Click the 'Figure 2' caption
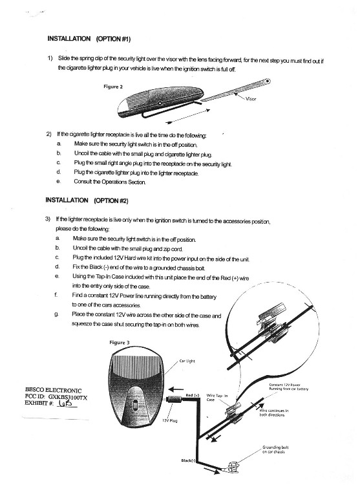pyautogui.click(x=113, y=87)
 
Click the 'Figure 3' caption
pyautogui.click(x=120, y=342)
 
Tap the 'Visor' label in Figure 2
pyautogui.click(x=251, y=99)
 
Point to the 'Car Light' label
pyautogui.click(x=187, y=361)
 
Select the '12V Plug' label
pyautogui.click(x=169, y=421)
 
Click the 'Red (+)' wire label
pyautogui.click(x=193, y=395)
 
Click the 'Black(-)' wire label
pyautogui.click(x=188, y=460)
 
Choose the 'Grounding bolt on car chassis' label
pyautogui.click(x=275, y=449)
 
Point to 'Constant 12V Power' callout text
pyautogui.click(x=284, y=385)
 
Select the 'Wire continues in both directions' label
pyautogui.click(x=274, y=413)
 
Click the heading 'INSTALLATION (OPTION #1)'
pyautogui.click(x=89, y=39)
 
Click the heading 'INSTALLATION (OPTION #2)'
pyautogui.click(x=87, y=200)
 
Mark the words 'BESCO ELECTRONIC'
pyautogui.click(x=53, y=391)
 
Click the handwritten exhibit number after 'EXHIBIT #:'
pyautogui.click(x=66, y=404)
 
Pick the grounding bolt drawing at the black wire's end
pyautogui.click(x=233, y=467)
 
